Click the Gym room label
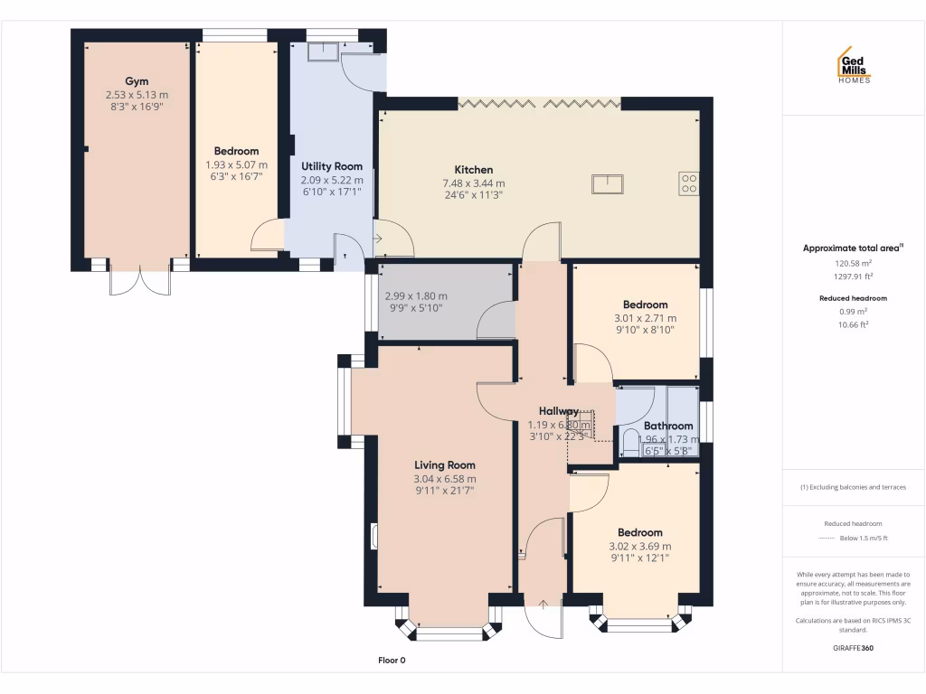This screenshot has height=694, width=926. tap(137, 81)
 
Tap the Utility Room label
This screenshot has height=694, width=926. tap(332, 166)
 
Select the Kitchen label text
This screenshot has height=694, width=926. tap(473, 170)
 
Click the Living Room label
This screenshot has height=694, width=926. tap(444, 465)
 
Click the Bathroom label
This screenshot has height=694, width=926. tap(668, 426)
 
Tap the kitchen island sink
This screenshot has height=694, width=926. tap(607, 183)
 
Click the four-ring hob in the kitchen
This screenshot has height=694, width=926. tap(689, 183)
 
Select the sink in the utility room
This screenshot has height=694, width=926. tap(320, 52)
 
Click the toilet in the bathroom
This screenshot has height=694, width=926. tap(630, 442)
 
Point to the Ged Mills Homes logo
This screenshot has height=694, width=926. tap(853, 66)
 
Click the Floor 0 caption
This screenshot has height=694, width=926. tap(392, 661)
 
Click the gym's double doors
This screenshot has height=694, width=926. tap(139, 280)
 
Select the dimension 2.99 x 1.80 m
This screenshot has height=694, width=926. tap(416, 296)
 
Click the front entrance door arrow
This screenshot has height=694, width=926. tap(543, 605)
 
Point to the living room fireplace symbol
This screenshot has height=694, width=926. tap(374, 536)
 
